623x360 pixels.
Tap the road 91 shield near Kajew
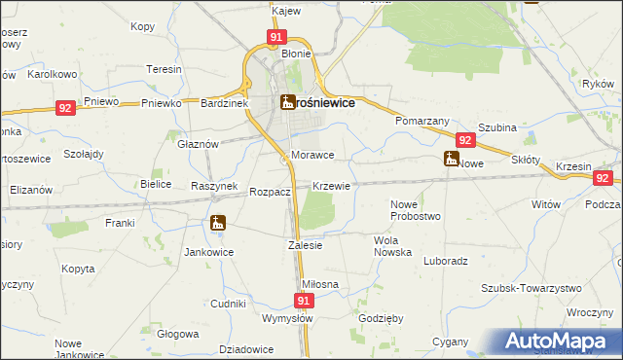276,37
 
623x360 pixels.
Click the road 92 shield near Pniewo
64,108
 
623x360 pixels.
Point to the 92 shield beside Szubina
462,140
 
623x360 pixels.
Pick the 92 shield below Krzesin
603,178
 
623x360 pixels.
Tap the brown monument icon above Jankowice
216,223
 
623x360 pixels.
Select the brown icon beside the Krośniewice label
287,102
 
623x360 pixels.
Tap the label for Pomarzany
422,121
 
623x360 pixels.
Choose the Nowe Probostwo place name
416,209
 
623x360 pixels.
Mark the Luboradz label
447,261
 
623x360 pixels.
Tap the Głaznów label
197,143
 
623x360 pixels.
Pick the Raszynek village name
214,185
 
